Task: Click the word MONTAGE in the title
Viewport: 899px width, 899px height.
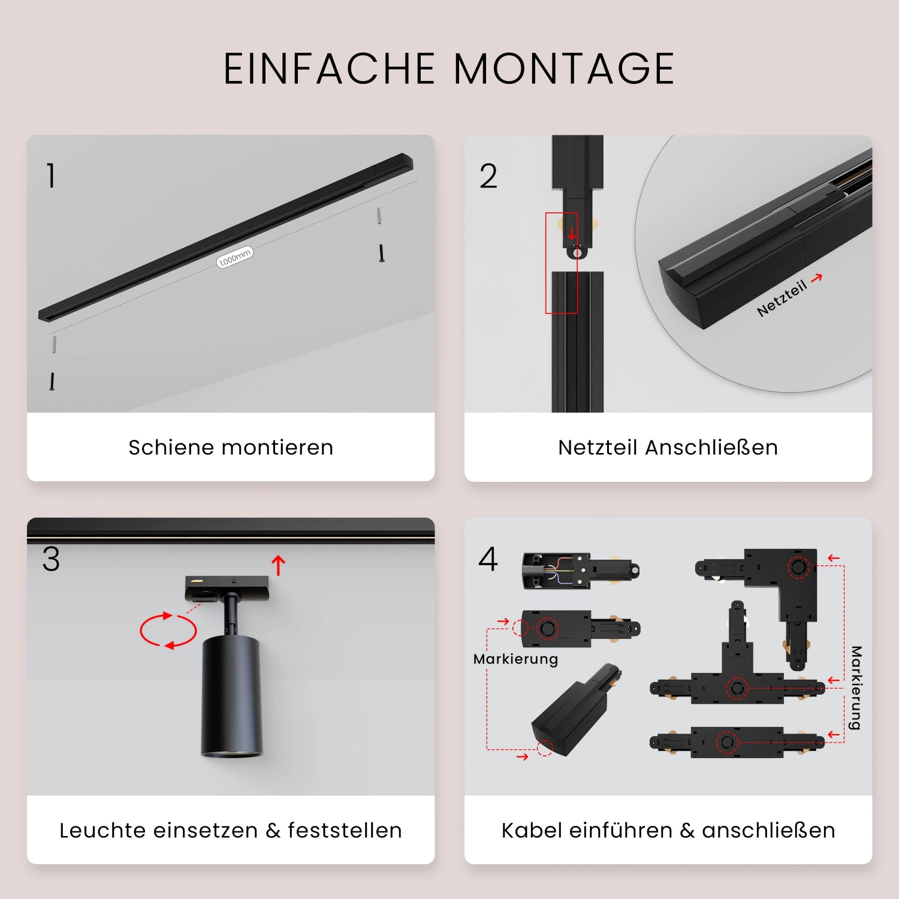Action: click(x=563, y=68)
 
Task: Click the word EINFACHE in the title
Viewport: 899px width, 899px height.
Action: click(x=329, y=68)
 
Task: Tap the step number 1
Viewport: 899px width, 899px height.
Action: click(x=52, y=176)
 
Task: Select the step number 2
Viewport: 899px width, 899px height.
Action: click(x=488, y=176)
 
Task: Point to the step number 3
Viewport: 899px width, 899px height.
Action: click(x=51, y=559)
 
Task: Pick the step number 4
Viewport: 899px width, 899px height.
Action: click(x=488, y=559)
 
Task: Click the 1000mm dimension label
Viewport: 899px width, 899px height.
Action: click(x=234, y=257)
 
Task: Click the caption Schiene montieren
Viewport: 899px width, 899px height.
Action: click(x=231, y=447)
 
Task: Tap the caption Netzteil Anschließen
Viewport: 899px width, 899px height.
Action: click(x=668, y=447)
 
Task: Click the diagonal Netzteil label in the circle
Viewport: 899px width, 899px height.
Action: click(x=782, y=298)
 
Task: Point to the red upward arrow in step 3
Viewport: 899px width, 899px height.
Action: click(x=278, y=565)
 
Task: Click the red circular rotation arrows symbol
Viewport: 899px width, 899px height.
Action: click(x=168, y=630)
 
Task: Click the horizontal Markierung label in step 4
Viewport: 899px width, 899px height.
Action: click(x=515, y=659)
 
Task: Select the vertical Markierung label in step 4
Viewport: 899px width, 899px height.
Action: click(x=856, y=687)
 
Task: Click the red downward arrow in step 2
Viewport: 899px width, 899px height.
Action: click(x=572, y=233)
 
